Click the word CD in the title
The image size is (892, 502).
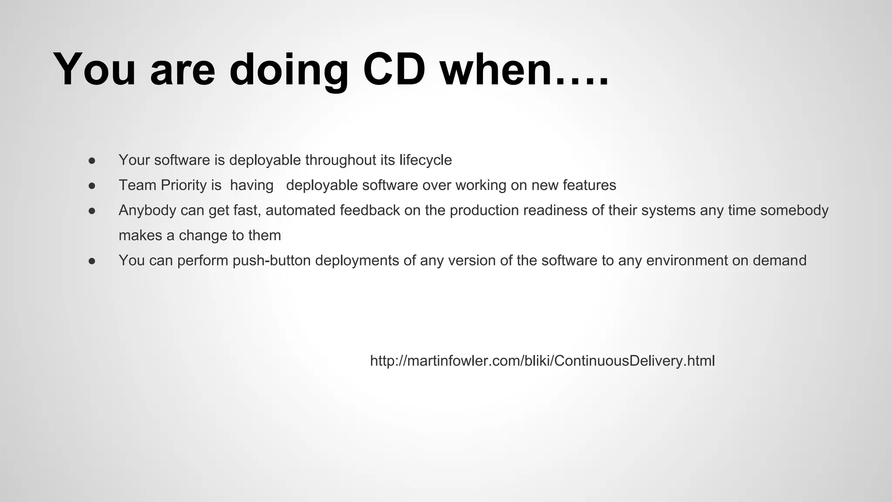(394, 70)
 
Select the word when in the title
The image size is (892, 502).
(497, 70)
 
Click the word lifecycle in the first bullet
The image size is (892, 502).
(426, 160)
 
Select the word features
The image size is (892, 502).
(589, 185)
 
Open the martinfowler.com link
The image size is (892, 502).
(542, 361)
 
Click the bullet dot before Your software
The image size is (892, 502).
(92, 160)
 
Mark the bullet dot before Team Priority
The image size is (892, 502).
(92, 186)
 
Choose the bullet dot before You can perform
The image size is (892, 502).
(92, 261)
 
